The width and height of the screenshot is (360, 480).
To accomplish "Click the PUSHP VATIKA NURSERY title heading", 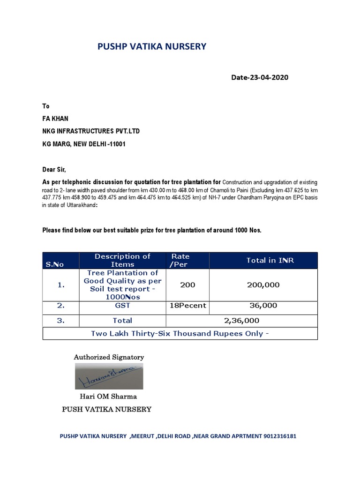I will pos(151,46).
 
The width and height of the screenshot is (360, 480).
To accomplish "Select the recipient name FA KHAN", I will pos(55,119).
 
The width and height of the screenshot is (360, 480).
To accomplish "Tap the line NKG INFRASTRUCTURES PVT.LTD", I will pos(91,131).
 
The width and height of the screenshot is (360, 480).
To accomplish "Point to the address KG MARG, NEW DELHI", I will pos(84,144).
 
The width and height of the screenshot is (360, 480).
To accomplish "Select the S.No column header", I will pos(55,264).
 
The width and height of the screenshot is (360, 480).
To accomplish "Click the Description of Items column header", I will pos(122,260).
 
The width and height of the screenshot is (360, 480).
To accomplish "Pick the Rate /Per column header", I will pos(180,260).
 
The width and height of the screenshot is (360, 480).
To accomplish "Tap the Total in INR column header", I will pos(270,260).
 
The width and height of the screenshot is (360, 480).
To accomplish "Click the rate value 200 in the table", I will pos(187,285).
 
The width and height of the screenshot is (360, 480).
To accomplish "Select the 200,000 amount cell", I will pos(263,285).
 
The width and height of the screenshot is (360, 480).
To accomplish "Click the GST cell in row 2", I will pos(122,306).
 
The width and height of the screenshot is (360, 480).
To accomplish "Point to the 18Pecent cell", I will pos(187,306).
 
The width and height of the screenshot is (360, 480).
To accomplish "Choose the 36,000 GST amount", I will pos(263,306).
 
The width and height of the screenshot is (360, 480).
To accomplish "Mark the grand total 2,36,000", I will pos(241,321).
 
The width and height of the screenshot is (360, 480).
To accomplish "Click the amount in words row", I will pos(180,334).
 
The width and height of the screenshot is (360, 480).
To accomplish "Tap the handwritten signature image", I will pos(109,376).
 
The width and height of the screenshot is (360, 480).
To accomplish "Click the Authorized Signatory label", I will pos(109,357).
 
